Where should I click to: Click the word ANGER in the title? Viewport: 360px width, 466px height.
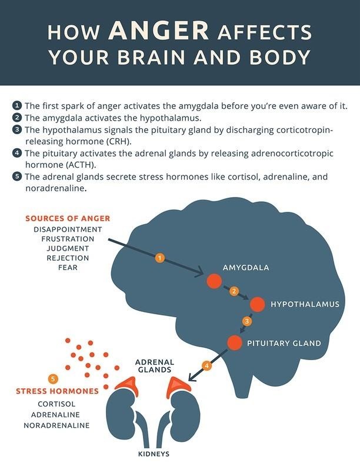[x=159, y=31]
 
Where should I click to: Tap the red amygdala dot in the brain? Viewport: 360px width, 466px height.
[x=214, y=281]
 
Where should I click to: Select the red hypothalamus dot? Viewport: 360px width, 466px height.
[x=257, y=304]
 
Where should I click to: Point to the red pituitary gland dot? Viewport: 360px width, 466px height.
[x=235, y=342]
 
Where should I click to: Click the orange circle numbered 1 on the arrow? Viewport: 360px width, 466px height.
[x=160, y=258]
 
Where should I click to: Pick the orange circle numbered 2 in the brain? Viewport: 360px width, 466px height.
[x=234, y=291]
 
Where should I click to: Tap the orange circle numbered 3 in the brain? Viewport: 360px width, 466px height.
[x=247, y=321]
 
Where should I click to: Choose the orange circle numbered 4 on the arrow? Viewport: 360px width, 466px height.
[x=207, y=365]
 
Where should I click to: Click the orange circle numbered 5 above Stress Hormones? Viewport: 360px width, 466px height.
[x=53, y=379]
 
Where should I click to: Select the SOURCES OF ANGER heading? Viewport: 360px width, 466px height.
[x=68, y=218]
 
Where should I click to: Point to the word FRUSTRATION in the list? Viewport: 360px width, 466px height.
[x=68, y=239]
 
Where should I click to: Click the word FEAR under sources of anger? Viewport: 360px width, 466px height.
[x=68, y=268]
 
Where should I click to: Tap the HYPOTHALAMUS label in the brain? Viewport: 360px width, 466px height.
[x=305, y=304]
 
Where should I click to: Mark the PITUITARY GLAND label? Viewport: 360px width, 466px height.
[x=284, y=343]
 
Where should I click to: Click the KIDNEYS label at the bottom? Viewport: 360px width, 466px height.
[x=154, y=454]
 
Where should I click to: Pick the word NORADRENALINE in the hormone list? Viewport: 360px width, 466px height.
[x=56, y=425]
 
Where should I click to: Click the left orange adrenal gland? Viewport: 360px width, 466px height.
[x=128, y=386]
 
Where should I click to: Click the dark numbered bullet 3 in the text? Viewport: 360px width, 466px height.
[x=17, y=129]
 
